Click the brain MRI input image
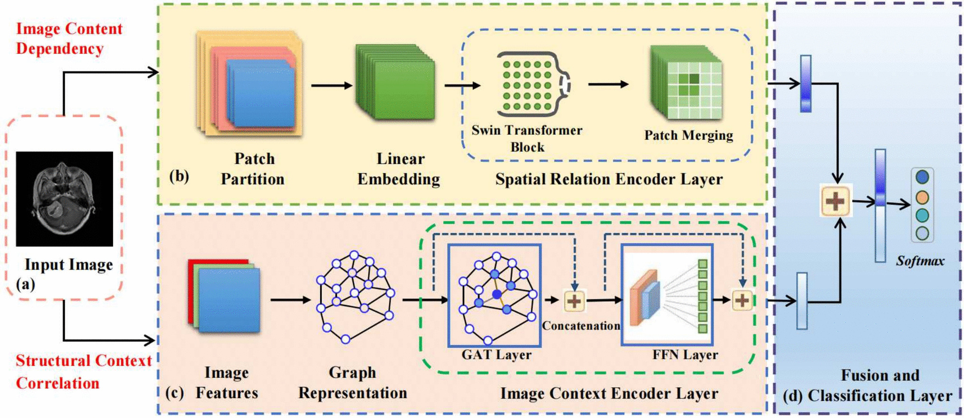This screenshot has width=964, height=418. tap(64, 199)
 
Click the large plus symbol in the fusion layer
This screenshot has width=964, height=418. tap(836, 201)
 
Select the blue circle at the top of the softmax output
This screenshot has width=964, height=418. tap(922, 177)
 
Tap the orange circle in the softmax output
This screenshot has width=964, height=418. tap(922, 197)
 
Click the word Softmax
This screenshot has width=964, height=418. tap(920, 261)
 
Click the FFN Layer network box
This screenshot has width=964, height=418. tap(667, 295)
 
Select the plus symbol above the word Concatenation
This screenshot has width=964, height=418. tap(574, 301)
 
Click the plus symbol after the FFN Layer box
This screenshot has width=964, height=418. tap(742, 300)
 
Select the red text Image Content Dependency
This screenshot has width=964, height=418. tap(69, 39)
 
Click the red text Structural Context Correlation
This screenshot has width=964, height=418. tap(83, 372)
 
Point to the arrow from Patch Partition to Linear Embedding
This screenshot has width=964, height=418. tap(331, 85)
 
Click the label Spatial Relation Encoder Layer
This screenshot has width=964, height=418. tap(609, 179)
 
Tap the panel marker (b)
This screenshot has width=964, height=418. tap(179, 176)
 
